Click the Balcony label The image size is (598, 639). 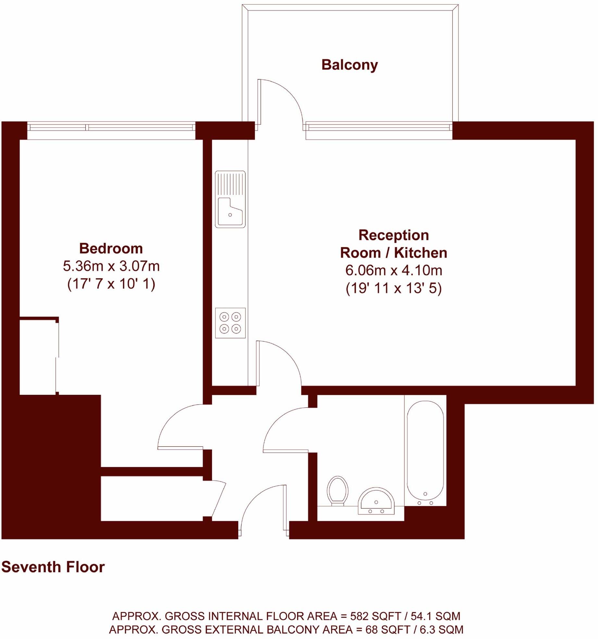pyautogui.click(x=349, y=65)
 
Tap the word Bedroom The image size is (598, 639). pyautogui.click(x=111, y=249)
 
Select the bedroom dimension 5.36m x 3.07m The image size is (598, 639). pyautogui.click(x=111, y=266)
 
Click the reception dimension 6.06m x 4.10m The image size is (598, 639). pyautogui.click(x=393, y=271)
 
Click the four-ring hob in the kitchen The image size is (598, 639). pyautogui.click(x=230, y=323)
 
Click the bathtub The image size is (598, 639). pyautogui.click(x=425, y=451)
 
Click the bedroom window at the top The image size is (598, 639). pyautogui.click(x=111, y=127)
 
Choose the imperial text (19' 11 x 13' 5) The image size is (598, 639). pyautogui.click(x=393, y=288)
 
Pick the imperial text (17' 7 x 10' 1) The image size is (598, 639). pyautogui.click(x=111, y=284)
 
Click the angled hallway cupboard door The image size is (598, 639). pyautogui.click(x=218, y=500)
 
